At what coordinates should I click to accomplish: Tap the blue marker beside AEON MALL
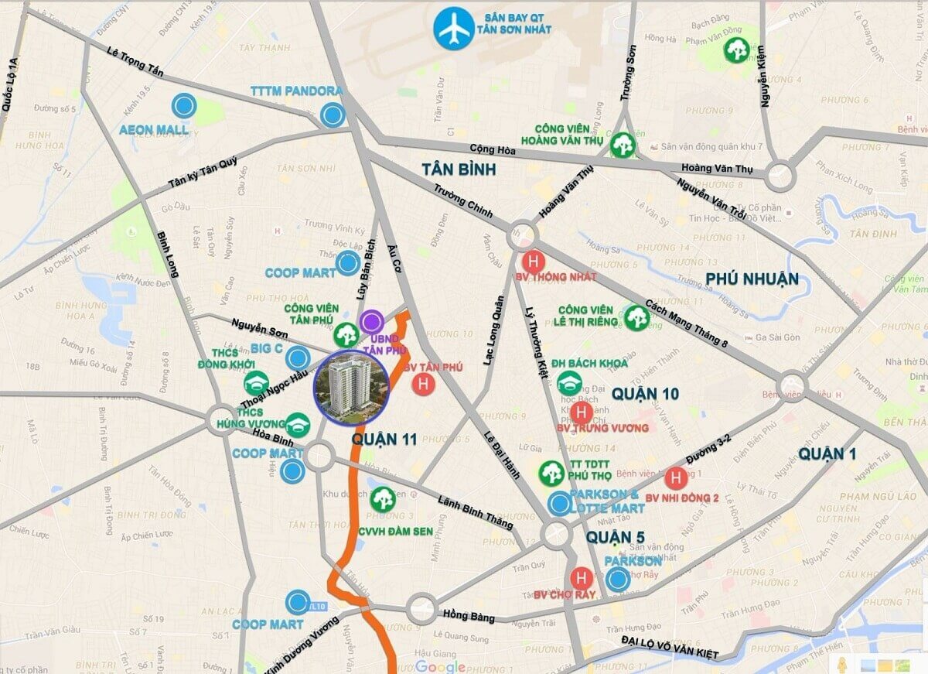184,106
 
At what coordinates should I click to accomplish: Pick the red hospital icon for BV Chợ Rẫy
581,577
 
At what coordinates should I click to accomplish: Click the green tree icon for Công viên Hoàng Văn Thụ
623,144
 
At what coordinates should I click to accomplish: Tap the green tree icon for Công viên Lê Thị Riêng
636,316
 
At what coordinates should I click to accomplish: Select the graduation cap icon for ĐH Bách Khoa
570,382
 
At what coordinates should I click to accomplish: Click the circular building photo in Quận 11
351,388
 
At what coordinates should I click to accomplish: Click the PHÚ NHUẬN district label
752,279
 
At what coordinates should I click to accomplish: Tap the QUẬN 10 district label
645,394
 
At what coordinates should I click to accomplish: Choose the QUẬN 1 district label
827,453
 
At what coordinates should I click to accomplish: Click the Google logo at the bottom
440,666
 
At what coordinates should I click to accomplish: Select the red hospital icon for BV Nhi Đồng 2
675,477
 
